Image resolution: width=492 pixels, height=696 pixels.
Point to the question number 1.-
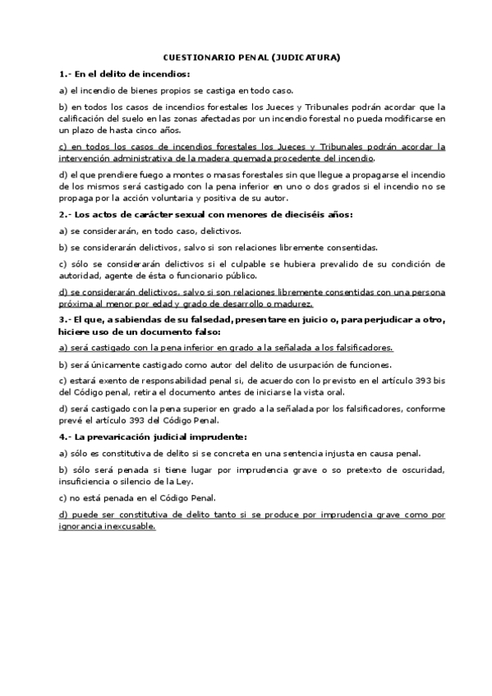(65, 74)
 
